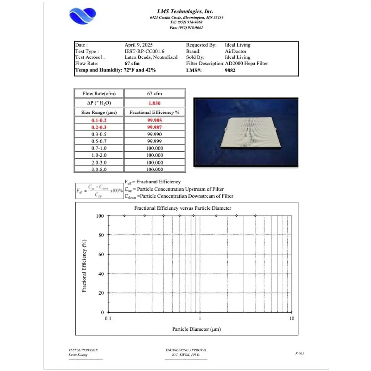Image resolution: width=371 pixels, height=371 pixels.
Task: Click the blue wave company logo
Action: (x=83, y=16)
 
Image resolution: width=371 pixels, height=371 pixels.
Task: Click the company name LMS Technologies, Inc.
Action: (x=185, y=12)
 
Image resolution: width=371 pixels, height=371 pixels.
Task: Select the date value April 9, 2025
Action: (x=138, y=45)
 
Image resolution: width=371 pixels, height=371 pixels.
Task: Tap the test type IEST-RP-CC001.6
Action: (x=144, y=51)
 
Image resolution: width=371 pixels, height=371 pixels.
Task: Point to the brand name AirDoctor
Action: (x=235, y=51)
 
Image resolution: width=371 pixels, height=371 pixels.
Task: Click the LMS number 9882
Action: (x=230, y=70)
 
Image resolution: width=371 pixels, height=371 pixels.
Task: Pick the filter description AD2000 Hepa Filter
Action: (x=246, y=63)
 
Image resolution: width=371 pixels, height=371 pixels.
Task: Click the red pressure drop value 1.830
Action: (x=154, y=103)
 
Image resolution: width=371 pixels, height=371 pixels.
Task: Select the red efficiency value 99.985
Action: (x=154, y=120)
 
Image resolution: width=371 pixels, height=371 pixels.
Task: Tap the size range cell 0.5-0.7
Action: (x=99, y=141)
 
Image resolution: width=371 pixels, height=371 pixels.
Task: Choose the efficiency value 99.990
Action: (x=154, y=134)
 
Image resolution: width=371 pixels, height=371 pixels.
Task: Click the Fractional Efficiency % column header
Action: (x=154, y=112)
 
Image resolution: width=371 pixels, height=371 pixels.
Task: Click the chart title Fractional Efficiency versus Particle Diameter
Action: (x=183, y=208)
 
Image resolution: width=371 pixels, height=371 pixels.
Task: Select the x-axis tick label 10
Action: (x=291, y=318)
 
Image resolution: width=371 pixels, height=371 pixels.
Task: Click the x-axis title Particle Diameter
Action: (x=196, y=329)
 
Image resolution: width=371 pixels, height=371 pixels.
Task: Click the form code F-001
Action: (x=299, y=353)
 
